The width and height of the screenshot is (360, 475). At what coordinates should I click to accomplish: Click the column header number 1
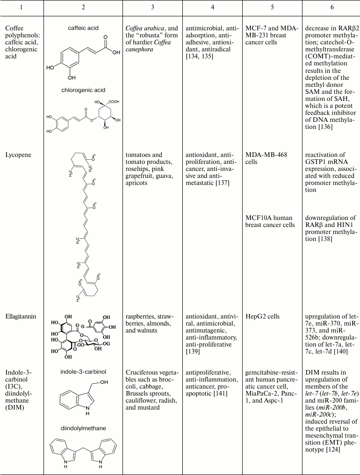pos(22,8)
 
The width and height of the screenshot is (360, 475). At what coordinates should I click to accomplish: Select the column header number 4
pos(213,8)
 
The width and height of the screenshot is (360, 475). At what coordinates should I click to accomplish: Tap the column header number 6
pos(331,8)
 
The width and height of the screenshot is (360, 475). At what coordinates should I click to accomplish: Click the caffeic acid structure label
pos(83,28)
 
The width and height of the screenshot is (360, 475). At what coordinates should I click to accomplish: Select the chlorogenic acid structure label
pos(83,90)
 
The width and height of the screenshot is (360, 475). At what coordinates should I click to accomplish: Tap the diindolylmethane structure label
pos(83,427)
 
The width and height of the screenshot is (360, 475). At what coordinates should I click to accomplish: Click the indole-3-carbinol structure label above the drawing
pos(83,372)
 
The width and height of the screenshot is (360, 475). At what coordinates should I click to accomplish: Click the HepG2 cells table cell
pos(263,317)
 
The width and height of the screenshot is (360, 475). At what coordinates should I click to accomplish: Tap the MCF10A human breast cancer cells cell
pos(270,221)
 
